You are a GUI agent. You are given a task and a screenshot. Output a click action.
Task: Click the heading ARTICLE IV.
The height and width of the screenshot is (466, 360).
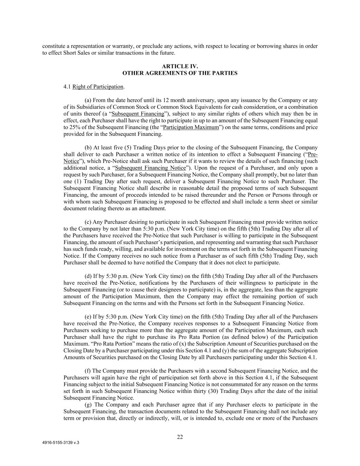coord(180,66)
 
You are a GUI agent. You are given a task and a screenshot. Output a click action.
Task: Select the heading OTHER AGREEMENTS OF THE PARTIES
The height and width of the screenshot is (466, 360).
coord(180,73)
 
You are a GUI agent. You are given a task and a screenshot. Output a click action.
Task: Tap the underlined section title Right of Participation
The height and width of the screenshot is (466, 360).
coord(98,87)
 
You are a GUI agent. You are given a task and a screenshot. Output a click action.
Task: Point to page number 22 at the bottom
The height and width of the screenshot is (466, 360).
coord(180,437)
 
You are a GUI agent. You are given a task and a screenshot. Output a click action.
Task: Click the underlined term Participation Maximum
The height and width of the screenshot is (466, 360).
coord(191,127)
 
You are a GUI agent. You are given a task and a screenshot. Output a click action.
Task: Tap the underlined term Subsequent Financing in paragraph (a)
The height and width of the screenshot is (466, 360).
coord(138,114)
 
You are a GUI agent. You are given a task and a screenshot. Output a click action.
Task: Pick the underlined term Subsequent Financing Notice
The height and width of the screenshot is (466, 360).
coord(150,168)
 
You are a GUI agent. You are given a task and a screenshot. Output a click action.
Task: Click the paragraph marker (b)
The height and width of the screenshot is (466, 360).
coord(88,148)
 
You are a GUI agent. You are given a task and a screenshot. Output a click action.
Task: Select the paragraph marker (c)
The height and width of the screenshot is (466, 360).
coord(88,222)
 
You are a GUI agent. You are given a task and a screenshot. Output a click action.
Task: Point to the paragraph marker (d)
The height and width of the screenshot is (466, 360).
coord(88,276)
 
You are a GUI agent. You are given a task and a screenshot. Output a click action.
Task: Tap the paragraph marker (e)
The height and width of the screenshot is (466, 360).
coord(88,317)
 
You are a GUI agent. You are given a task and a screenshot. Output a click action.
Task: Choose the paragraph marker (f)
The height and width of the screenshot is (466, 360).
coord(88,371)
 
